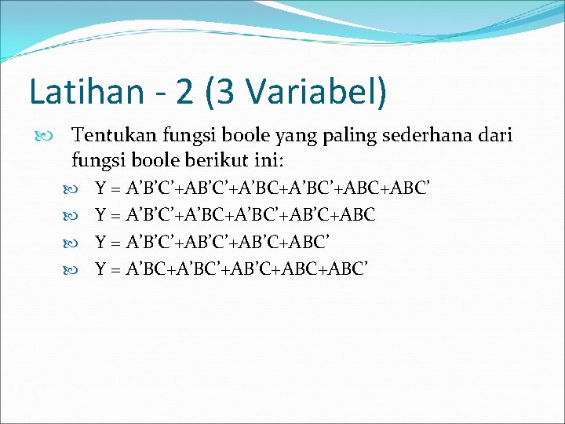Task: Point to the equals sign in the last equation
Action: click(116, 269)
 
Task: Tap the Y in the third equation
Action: click(100, 242)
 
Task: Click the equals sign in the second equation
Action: click(116, 215)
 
